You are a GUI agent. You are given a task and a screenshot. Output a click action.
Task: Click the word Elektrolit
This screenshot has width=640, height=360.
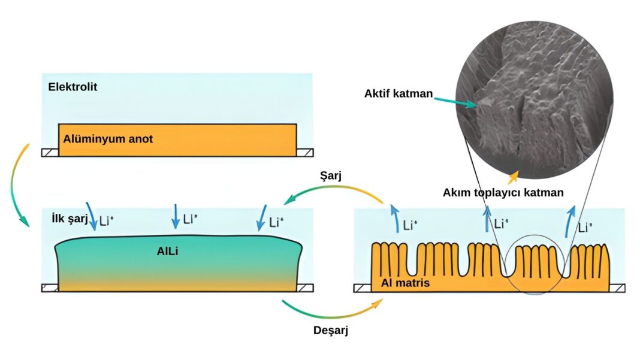pyautogui.click(x=73, y=87)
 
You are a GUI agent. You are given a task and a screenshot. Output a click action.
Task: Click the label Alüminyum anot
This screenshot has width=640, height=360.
pyautogui.click(x=108, y=139)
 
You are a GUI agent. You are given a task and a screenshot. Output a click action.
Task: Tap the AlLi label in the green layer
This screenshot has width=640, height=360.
pyautogui.click(x=169, y=252)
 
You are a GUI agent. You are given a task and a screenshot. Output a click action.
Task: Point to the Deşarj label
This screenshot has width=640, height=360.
pyautogui.click(x=331, y=330)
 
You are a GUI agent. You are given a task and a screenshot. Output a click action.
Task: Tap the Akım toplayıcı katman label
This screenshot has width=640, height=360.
pyautogui.click(x=503, y=192)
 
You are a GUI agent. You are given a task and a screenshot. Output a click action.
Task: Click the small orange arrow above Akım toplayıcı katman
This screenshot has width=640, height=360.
pyautogui.click(x=512, y=176)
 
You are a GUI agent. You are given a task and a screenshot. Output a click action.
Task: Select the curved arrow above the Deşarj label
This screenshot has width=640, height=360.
pyautogui.click(x=331, y=311)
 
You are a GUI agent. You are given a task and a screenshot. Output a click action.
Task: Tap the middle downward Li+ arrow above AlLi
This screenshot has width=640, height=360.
pyautogui.click(x=176, y=216)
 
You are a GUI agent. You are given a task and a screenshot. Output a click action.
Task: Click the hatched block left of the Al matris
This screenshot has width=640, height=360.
pyautogui.click(x=362, y=288)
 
